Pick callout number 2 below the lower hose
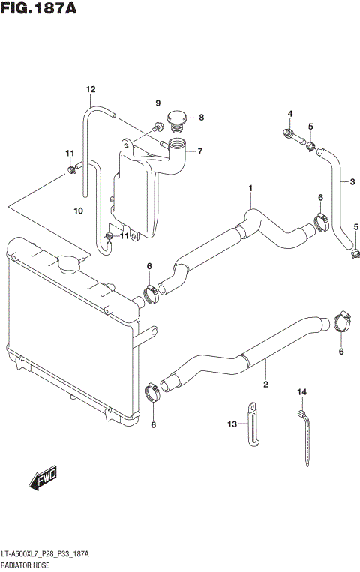coord(265,385)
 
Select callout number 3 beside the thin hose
coord(349,181)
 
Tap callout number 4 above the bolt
coord(289,114)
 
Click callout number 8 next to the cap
coord(200,117)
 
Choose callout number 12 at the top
coord(90,90)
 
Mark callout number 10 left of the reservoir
coord(78,211)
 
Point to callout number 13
coord(232,424)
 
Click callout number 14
coord(302,392)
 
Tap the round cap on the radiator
coord(67,262)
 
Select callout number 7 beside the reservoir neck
coord(200,151)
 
